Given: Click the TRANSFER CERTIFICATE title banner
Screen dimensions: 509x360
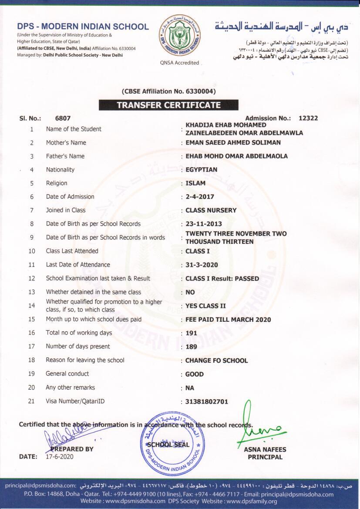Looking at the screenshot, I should point(168,105).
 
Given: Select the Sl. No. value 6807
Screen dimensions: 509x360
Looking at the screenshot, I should point(63,118).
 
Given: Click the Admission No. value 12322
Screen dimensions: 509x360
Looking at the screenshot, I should point(308,118).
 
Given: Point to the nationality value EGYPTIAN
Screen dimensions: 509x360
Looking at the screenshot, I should point(201,170).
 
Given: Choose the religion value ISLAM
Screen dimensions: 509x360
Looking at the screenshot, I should point(195,183).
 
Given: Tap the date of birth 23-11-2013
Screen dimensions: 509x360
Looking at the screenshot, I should point(204,224).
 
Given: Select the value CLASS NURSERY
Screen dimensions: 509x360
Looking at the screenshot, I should point(211,210).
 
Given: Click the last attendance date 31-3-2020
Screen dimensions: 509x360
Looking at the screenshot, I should point(202,265).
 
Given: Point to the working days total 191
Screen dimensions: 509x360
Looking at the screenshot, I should point(191,333).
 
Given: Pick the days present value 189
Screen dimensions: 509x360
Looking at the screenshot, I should point(191,347).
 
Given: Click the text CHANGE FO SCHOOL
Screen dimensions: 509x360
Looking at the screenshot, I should point(216,361).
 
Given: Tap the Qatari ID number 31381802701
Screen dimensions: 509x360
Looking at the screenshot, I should point(207,401).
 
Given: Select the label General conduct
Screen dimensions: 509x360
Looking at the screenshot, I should point(67,374).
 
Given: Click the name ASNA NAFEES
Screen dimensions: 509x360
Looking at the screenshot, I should point(265,450).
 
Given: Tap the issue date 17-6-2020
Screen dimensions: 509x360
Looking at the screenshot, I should point(60,457).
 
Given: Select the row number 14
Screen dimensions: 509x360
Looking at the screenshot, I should point(32,306).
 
